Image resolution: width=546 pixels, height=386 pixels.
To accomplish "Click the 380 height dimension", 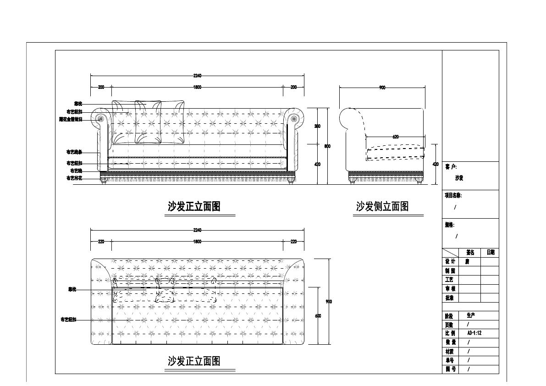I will coord(317,126).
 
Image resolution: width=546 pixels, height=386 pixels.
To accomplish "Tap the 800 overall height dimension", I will coord(327,146).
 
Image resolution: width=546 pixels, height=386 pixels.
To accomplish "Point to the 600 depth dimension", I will coord(318,315).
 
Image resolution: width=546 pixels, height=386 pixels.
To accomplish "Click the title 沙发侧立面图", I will coord(382,207).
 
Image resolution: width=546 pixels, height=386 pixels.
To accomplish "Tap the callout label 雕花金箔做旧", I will coord(71,119).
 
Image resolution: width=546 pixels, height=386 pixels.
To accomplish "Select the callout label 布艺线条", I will coord(74,152).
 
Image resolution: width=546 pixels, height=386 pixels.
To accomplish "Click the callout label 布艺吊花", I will coord(74,178).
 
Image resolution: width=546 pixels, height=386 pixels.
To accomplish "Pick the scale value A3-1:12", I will coord(474,333).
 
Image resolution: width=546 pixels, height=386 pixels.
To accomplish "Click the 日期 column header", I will coord(490,253).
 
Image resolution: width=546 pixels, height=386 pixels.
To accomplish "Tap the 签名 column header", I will coord(470,253).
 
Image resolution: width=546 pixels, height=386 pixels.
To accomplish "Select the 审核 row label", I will coord(450,289).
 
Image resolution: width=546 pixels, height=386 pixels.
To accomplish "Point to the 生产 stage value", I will coord(470,316).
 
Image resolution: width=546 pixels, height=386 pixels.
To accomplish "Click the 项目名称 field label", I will coord(453,195).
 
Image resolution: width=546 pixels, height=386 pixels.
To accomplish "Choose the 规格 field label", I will coord(450,225).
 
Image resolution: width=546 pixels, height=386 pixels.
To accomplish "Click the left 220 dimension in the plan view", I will coord(101,242).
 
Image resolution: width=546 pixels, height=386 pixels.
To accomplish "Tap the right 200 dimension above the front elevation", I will coord(293,87).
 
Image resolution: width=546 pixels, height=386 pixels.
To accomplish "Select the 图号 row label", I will coord(450,369).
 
